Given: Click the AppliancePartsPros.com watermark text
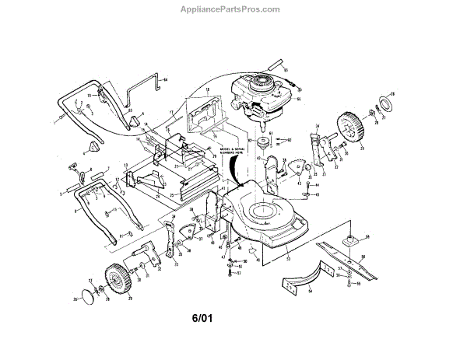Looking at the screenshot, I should click(x=233, y=9).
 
